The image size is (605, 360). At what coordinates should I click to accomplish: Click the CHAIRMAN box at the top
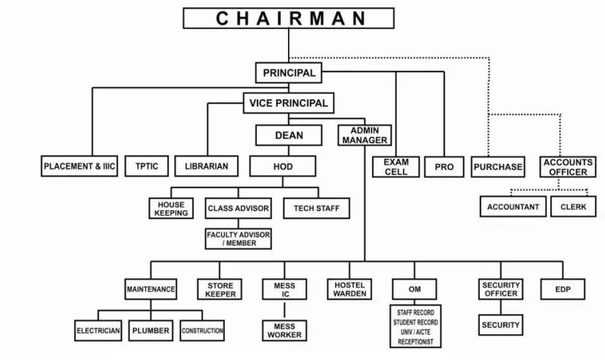pyautogui.click(x=288, y=18)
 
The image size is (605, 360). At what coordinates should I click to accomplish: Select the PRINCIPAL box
pyautogui.click(x=289, y=73)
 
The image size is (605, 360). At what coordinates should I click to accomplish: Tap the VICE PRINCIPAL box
pyautogui.click(x=288, y=103)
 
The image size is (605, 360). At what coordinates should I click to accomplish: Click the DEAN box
pyautogui.click(x=289, y=136)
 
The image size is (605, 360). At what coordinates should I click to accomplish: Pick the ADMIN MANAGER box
pyautogui.click(x=365, y=135)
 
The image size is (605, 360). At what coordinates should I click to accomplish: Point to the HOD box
pyautogui.click(x=282, y=166)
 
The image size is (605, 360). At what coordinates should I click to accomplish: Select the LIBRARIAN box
pyautogui.click(x=207, y=166)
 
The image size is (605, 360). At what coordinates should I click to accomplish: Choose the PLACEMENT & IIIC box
pyautogui.click(x=79, y=166)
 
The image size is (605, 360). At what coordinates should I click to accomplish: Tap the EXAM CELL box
pyautogui.click(x=396, y=167)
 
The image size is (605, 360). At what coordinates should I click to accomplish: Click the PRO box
pyautogui.click(x=444, y=167)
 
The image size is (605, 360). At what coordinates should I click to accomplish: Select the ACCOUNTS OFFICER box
pyautogui.click(x=569, y=167)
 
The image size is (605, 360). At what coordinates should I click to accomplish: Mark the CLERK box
pyautogui.click(x=573, y=207)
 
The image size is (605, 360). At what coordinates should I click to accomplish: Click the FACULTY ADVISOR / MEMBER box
pyautogui.click(x=238, y=239)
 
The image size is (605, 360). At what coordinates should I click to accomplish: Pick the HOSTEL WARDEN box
pyautogui.click(x=349, y=289)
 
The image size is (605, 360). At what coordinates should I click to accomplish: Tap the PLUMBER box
pyautogui.click(x=151, y=331)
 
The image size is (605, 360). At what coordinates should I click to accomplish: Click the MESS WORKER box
pyautogui.click(x=284, y=330)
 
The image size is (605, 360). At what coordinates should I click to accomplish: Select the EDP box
pyautogui.click(x=563, y=289)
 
